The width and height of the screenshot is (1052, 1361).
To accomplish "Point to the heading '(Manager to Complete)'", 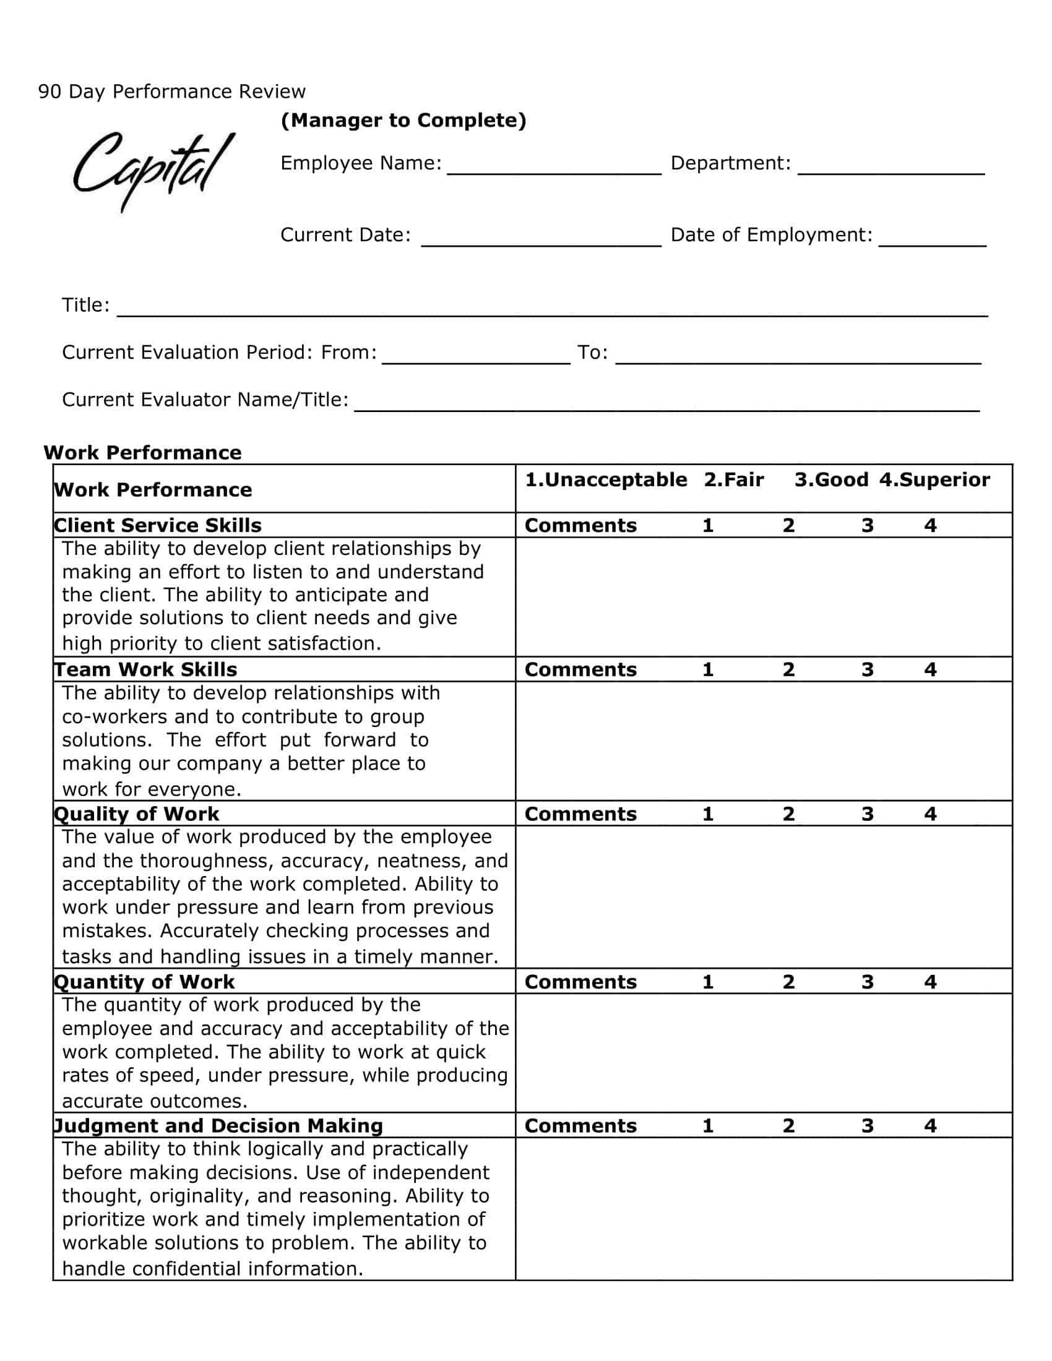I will pos(403,120).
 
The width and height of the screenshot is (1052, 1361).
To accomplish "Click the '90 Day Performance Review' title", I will pos(172,92).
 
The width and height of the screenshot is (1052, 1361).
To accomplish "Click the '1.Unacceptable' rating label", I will pos(606,480).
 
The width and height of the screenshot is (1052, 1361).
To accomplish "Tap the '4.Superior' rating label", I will pos(934,480).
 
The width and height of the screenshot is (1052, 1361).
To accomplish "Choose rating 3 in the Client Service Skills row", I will pos(867,525).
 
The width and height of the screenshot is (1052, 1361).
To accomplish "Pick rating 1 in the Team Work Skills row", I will pos(707,669).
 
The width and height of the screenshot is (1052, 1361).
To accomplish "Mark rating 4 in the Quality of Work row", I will pos(930,814).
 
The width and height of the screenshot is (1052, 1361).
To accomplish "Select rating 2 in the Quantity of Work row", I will pos(788,982).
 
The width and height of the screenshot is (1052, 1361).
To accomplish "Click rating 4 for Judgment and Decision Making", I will pos(930,1126).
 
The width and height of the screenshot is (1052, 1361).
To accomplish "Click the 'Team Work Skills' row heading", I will pos(146,669).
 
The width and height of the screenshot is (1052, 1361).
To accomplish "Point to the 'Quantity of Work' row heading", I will pos(145,982).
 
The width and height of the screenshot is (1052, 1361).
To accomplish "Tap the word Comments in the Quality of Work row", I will pos(580,814).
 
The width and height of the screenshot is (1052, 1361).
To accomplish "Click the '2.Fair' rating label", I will pos(733,480).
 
